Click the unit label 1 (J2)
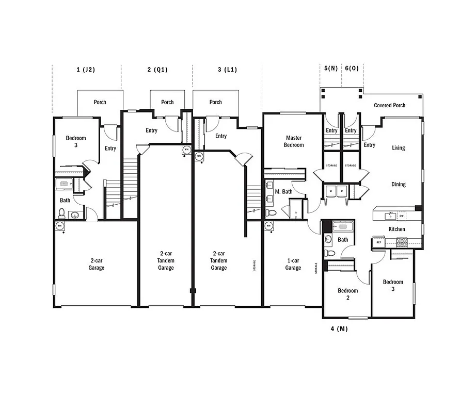[x=86, y=70]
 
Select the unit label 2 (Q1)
[x=157, y=70]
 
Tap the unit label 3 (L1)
[x=227, y=70]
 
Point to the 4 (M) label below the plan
[x=339, y=328]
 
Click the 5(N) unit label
[x=331, y=69]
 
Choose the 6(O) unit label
[x=352, y=69]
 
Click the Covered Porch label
[x=389, y=105]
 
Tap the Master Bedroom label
[x=294, y=141]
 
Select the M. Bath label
[x=284, y=192]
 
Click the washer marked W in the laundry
[x=330, y=191]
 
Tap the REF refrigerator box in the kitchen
[x=378, y=241]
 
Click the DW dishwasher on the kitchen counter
[x=401, y=216]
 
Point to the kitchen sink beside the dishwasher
[x=390, y=216]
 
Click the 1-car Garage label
[x=293, y=264]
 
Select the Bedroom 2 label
[x=347, y=294]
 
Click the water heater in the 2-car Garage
[x=60, y=226]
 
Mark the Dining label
[x=398, y=184]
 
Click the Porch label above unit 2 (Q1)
[x=167, y=102]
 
